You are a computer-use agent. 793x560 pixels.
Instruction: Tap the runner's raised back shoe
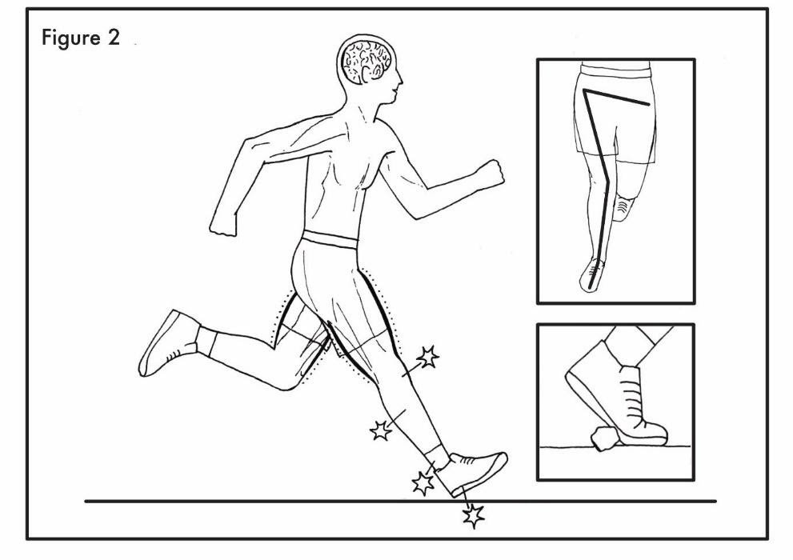(167, 342)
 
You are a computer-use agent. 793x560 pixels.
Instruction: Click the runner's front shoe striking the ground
(475, 471)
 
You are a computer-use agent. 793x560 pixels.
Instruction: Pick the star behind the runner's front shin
(381, 431)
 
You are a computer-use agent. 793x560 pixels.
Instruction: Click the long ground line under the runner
(240, 502)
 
